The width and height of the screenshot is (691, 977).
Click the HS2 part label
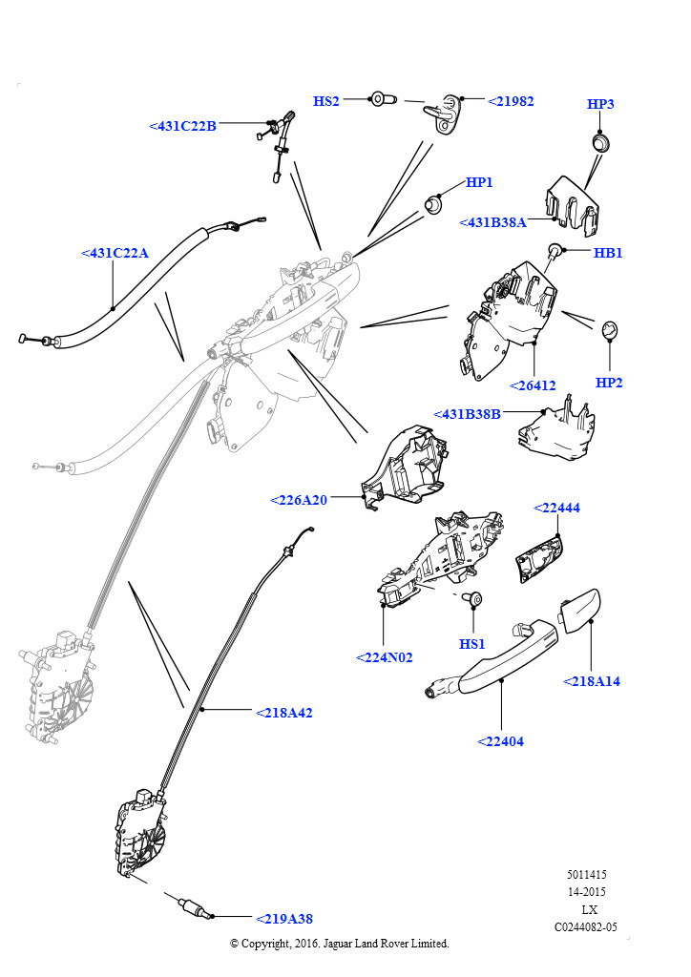[x=325, y=101]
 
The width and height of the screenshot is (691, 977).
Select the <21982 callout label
[x=511, y=101]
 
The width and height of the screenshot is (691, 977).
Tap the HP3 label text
[x=600, y=103]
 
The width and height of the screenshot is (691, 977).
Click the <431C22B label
[x=182, y=126]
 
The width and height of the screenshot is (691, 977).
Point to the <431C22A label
[x=115, y=253]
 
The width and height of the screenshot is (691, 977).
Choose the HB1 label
[x=608, y=252]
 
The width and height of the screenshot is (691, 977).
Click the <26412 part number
[x=533, y=385]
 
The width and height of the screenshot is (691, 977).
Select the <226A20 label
[x=299, y=500]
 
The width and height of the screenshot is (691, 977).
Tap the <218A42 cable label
[x=284, y=712]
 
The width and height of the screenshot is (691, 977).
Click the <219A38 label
[x=284, y=919]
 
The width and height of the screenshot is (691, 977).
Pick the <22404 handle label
[x=500, y=740]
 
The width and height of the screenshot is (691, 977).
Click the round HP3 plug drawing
[x=600, y=143]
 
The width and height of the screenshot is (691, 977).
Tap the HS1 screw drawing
[x=473, y=598]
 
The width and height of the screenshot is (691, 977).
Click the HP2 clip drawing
[x=609, y=330]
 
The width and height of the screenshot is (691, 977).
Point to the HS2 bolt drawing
[x=383, y=99]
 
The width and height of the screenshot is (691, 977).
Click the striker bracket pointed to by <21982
[x=443, y=114]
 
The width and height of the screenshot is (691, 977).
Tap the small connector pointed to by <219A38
[x=193, y=907]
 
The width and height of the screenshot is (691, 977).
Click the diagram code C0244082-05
[x=586, y=926]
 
